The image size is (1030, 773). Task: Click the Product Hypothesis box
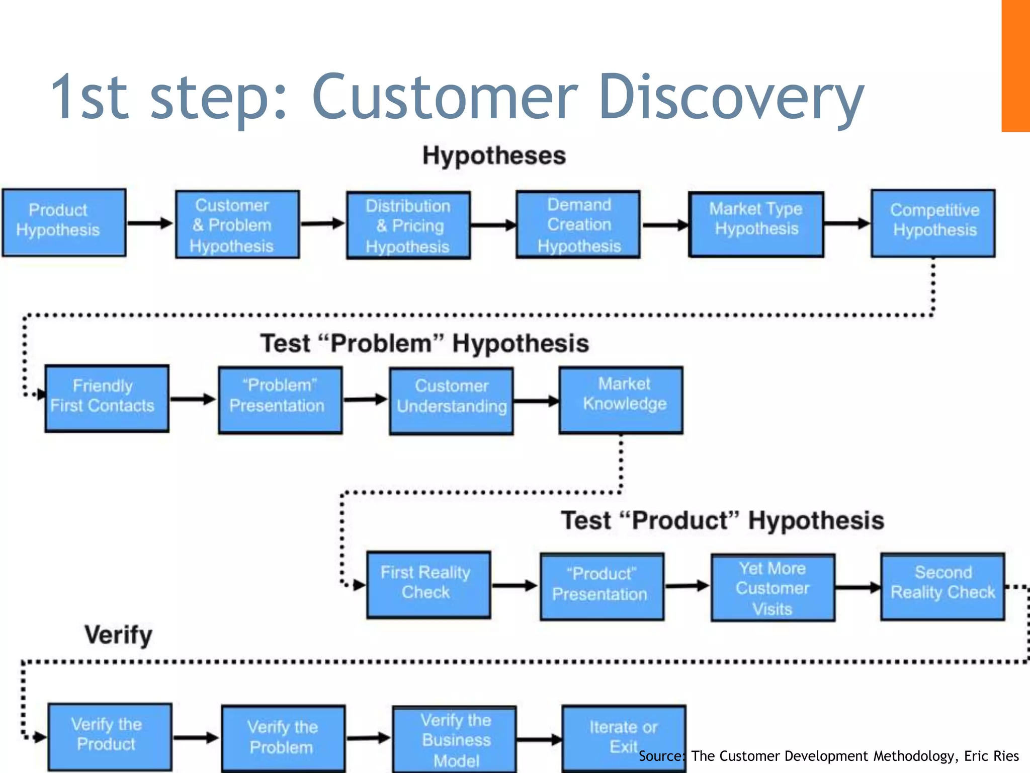[x=64, y=222]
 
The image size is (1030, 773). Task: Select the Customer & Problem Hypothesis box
[x=237, y=224]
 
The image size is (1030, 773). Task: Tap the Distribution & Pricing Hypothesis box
[x=408, y=225]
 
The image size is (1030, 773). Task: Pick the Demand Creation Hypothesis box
[x=578, y=224]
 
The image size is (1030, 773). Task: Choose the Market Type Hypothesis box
[x=756, y=224]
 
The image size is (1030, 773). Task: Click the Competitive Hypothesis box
[x=933, y=223]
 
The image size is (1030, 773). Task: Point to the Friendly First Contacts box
[x=107, y=399]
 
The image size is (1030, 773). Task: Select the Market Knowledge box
[x=621, y=400]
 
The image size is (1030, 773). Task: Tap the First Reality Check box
[x=428, y=585]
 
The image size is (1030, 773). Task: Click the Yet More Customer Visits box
[x=773, y=588]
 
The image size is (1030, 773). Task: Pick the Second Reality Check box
[x=942, y=587]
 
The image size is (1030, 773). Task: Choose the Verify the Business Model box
[x=455, y=739]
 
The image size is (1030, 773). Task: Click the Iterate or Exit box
[x=624, y=737]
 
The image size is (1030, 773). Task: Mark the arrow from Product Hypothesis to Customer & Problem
[x=150, y=223]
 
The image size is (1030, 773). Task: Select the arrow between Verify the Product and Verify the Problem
[x=196, y=738]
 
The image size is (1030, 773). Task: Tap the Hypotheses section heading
[x=494, y=156]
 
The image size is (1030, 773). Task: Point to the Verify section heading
[x=118, y=635]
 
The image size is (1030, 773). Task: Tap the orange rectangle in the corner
[x=1015, y=65]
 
